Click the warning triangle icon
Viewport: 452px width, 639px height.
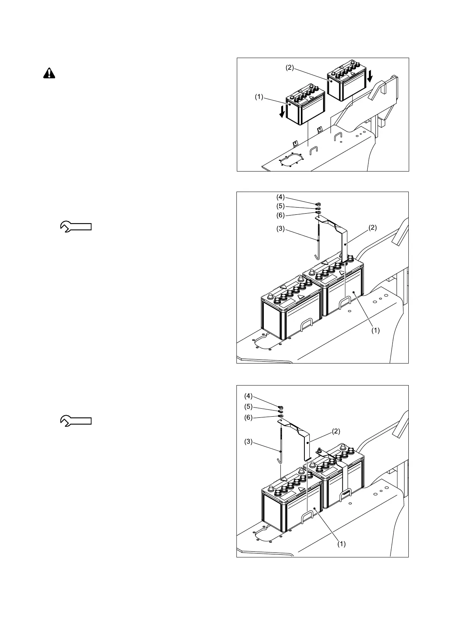[49, 73]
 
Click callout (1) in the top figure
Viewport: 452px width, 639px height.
[259, 97]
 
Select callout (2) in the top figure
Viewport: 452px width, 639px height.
[290, 68]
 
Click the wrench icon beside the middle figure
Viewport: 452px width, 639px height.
[76, 227]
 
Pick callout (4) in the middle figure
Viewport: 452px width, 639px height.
[280, 197]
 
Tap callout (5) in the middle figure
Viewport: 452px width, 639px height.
[280, 206]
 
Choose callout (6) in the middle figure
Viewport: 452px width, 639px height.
[280, 215]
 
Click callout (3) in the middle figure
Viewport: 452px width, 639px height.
[280, 229]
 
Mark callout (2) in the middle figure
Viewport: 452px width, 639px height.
[372, 228]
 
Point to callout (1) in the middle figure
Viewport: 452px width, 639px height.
[375, 330]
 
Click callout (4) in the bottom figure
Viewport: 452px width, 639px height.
[248, 396]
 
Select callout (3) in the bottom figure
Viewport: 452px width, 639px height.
[248, 442]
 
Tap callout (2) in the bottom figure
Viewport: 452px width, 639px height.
[336, 431]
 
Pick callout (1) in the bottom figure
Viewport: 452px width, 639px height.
[342, 544]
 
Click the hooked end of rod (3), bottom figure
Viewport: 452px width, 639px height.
[279, 461]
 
